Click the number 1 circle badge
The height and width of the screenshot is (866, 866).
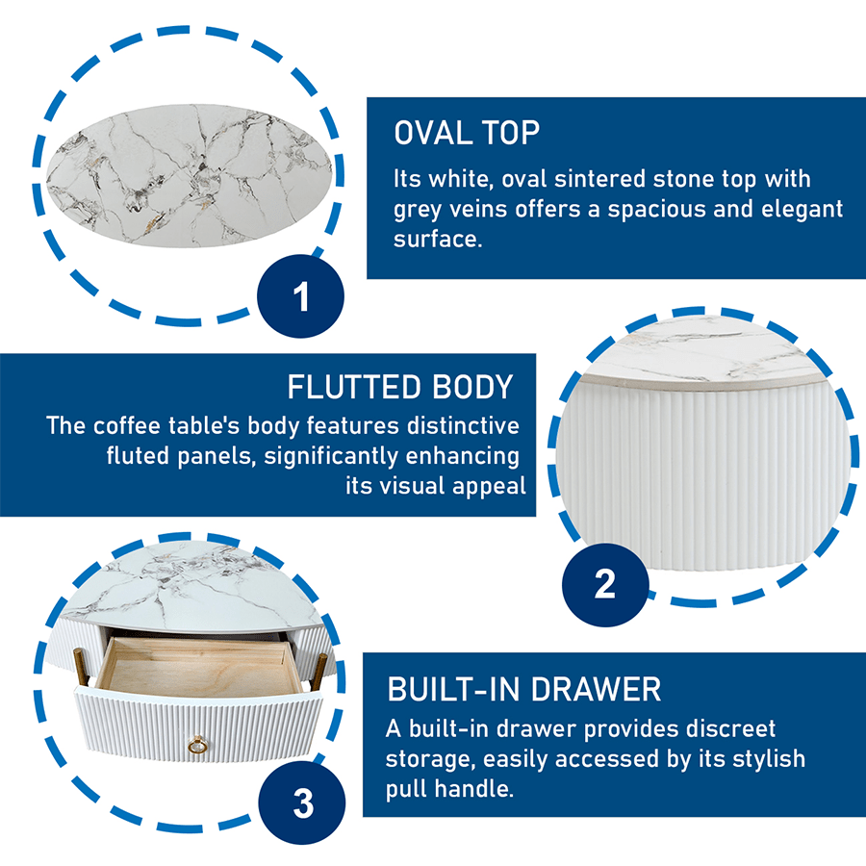click(x=300, y=296)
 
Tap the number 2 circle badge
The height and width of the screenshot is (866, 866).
click(x=605, y=584)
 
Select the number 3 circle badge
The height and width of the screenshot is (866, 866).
click(x=302, y=802)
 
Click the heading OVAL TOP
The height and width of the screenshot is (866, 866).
click(x=467, y=133)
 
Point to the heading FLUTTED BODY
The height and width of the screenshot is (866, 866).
click(x=400, y=387)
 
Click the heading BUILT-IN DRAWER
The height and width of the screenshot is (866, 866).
click(x=524, y=689)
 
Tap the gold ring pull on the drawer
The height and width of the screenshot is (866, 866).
click(x=197, y=746)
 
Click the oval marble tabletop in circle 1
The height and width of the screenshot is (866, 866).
click(x=190, y=176)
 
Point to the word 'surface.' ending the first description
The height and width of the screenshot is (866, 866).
click(x=438, y=240)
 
